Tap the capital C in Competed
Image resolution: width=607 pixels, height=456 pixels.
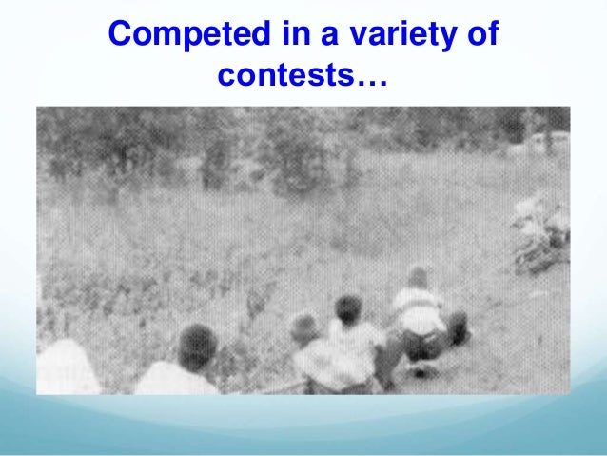[x=120, y=35]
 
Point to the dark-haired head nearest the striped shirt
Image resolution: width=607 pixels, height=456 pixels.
[x=348, y=308]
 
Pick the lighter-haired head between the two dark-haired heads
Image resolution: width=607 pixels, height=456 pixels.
[x=304, y=328]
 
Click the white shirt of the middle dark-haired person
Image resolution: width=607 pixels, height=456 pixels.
[x=352, y=347]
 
